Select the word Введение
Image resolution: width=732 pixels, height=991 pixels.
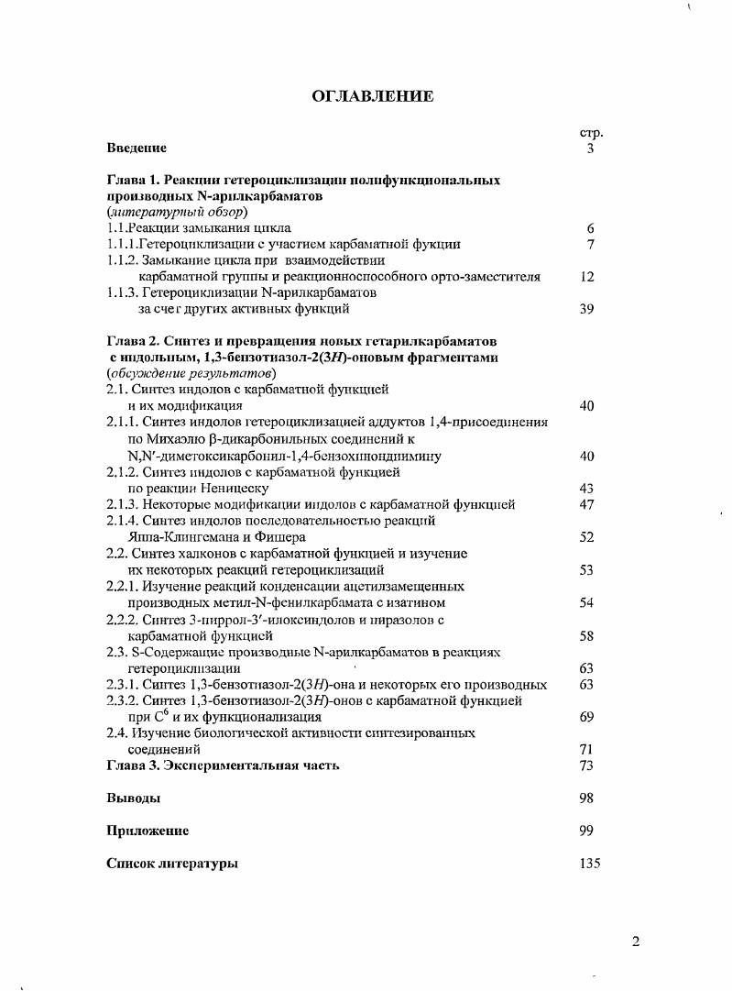pyautogui.click(x=137, y=148)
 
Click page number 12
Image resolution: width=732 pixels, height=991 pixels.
pyautogui.click(x=588, y=276)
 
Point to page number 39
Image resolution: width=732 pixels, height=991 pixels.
pyautogui.click(x=588, y=309)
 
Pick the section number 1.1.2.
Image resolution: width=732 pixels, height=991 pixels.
pyautogui.click(x=123, y=259)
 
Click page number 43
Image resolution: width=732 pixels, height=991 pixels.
pyautogui.click(x=587, y=489)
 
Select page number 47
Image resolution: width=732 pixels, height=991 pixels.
pyautogui.click(x=587, y=504)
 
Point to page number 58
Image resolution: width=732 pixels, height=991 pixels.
pyautogui.click(x=587, y=635)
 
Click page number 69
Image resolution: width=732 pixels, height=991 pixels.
pyautogui.click(x=587, y=717)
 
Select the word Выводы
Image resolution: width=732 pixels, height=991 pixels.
pyautogui.click(x=134, y=798)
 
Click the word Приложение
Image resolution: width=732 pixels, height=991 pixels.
pyautogui.click(x=147, y=831)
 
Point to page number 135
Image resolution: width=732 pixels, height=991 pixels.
pyautogui.click(x=591, y=864)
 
